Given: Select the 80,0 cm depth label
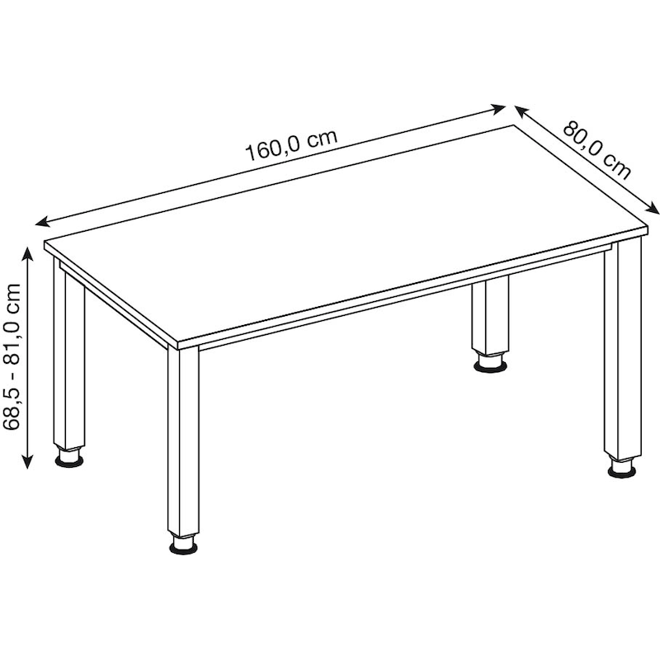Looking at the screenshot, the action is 597,150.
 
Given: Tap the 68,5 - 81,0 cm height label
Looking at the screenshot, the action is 12,356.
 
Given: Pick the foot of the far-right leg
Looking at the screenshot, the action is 622,468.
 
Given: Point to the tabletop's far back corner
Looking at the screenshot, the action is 513,125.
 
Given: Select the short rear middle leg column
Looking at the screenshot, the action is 490,316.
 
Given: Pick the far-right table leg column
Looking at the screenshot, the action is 623,348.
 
